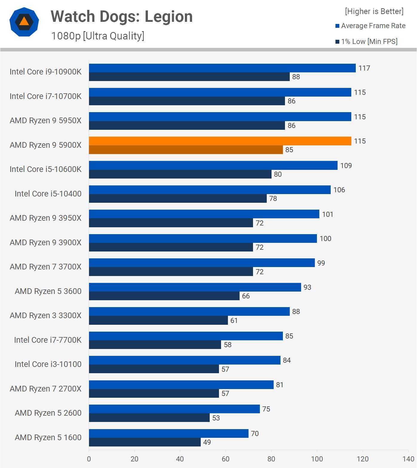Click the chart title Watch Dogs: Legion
[x=122, y=16]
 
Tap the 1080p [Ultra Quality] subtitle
[x=98, y=36]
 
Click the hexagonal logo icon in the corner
[x=24, y=22]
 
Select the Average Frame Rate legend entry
[x=370, y=26]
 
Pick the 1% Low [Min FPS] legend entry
[x=367, y=42]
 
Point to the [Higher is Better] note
[x=374, y=11]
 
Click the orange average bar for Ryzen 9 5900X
[x=220, y=141]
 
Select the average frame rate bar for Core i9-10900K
[x=222, y=68]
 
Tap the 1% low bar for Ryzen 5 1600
[x=145, y=442]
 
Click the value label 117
[x=364, y=68]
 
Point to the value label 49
[x=207, y=442]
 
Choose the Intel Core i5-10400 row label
[x=48, y=194]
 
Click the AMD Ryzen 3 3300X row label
[x=46, y=315]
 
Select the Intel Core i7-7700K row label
[x=48, y=340]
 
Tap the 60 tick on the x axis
[x=226, y=459]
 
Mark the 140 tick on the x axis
[x=408, y=459]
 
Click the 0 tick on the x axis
[x=89, y=459]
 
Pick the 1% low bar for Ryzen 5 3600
[x=164, y=296]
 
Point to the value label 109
[x=346, y=166]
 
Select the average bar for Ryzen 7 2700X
[x=181, y=385]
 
